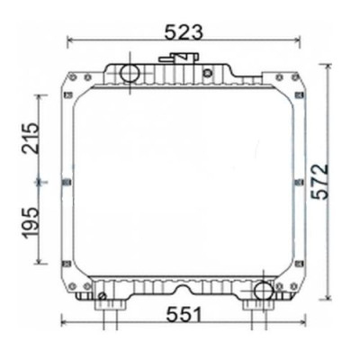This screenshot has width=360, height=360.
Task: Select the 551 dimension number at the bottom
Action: [183, 314]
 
